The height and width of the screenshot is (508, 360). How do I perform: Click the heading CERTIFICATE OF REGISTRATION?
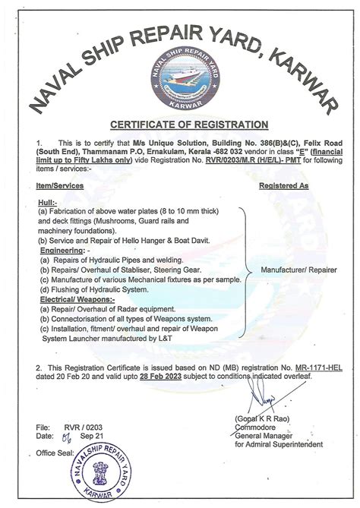click(188, 123)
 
